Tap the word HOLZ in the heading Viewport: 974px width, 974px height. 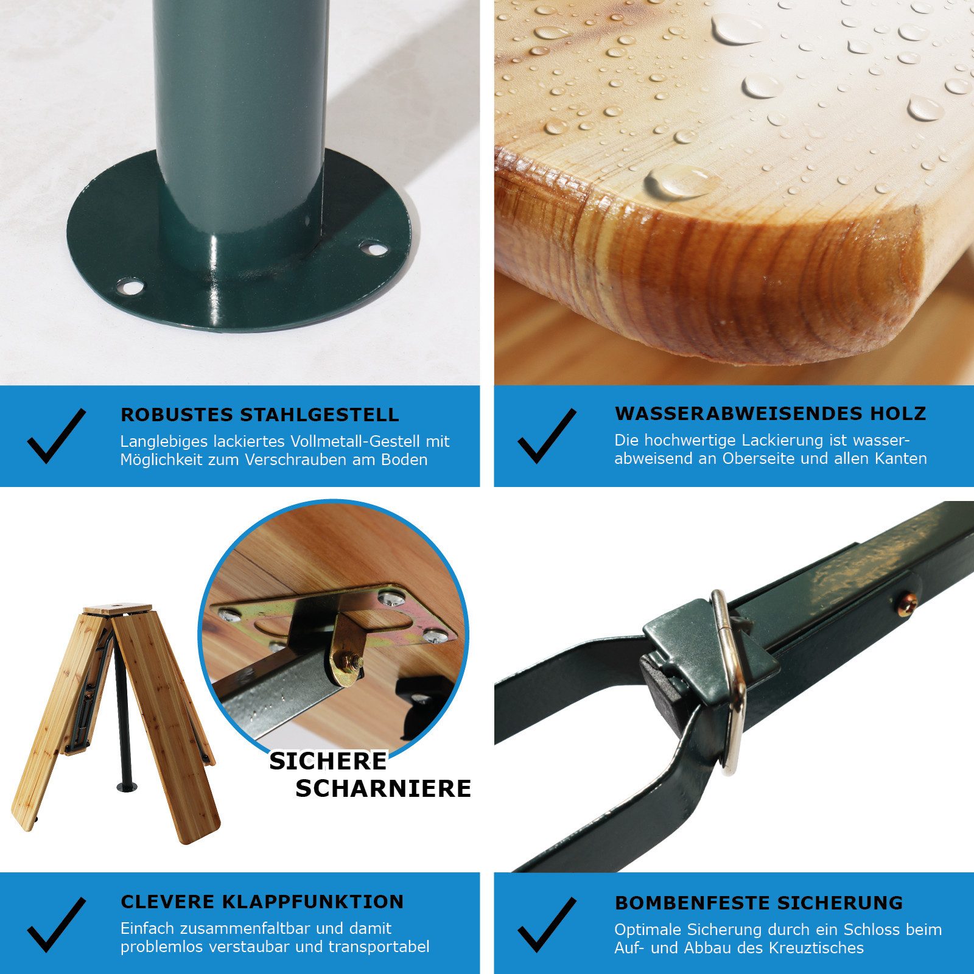[x=898, y=413]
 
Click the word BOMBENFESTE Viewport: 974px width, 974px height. [x=687, y=903]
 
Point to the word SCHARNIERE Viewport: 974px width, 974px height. [x=384, y=788]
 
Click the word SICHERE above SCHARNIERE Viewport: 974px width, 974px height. [x=328, y=761]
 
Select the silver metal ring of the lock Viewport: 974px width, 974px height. [x=733, y=682]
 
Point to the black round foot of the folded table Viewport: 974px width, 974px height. [x=127, y=787]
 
